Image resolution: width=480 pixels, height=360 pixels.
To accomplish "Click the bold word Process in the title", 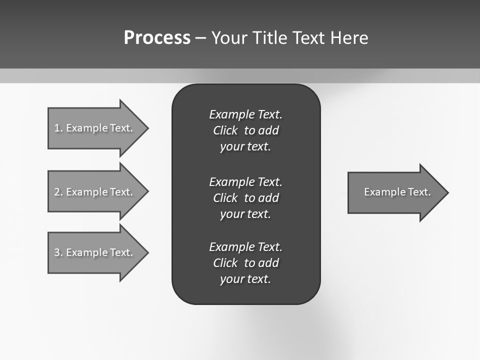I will (157, 38).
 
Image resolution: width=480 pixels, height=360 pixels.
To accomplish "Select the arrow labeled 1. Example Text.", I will (95, 128).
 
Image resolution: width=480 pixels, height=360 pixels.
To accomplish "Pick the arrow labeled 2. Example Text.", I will (95, 192).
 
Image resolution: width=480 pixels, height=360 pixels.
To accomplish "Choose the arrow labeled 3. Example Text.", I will (95, 252).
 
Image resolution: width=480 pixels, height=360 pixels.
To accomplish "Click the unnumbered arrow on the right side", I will (395, 192).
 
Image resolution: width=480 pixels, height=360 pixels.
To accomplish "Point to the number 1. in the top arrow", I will (58, 128).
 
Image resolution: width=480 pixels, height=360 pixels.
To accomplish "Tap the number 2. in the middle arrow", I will (58, 192).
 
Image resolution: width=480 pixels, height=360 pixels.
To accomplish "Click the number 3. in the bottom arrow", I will (58, 252).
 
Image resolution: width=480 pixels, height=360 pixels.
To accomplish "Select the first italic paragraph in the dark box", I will (245, 130).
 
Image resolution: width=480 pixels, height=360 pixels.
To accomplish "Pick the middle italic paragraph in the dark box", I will (245, 198).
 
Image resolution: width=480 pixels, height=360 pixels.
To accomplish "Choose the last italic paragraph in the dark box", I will (245, 263).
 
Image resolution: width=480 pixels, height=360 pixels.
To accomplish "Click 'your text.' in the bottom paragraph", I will (245, 279).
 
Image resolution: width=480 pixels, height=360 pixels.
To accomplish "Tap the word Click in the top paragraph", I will (225, 131).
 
